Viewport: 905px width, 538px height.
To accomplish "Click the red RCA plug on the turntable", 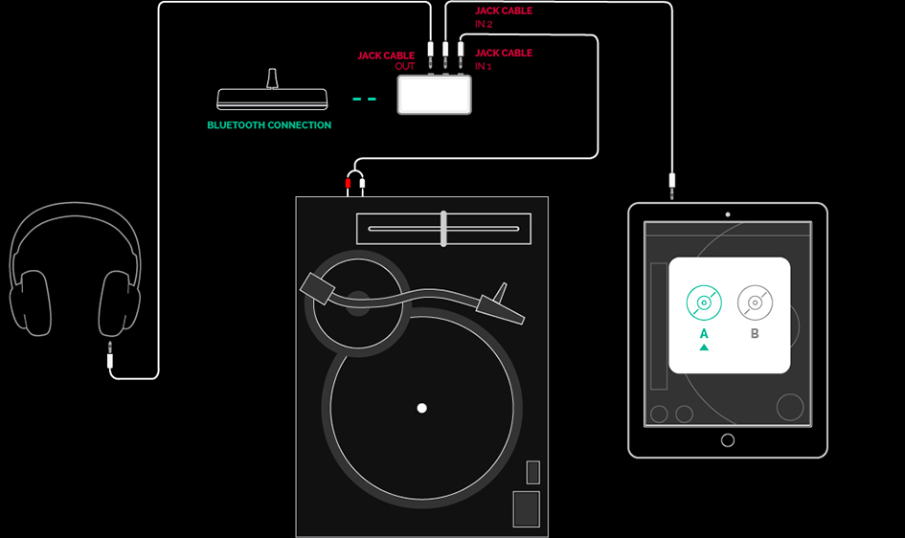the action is (x=348, y=185).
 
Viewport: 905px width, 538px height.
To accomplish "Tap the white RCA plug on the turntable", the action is (x=362, y=185).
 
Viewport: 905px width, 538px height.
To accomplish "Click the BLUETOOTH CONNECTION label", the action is (x=269, y=125).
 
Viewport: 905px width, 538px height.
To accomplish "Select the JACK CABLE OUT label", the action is (x=386, y=60).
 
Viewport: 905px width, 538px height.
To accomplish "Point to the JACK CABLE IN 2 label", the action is (x=504, y=16).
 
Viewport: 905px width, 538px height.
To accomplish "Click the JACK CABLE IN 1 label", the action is (x=504, y=59).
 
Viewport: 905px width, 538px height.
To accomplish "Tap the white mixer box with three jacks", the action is (x=434, y=95).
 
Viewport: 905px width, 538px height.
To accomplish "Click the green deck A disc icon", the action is (x=704, y=303).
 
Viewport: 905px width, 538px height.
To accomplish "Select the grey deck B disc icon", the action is (x=755, y=303).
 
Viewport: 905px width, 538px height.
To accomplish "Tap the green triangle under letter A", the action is (x=704, y=347).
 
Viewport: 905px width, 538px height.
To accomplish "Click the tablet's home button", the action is (x=728, y=440).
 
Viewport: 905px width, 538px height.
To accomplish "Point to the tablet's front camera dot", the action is (x=728, y=214).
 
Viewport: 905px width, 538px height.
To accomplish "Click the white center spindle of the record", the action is (x=422, y=408).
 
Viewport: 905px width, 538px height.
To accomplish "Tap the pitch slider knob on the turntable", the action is (x=443, y=229).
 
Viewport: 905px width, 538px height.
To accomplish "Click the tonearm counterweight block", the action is (x=317, y=288).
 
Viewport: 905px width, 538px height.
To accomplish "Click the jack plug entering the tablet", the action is (x=672, y=186).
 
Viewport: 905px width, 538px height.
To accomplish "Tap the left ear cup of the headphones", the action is (x=31, y=303).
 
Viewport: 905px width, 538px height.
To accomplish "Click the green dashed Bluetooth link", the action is (x=364, y=100).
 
